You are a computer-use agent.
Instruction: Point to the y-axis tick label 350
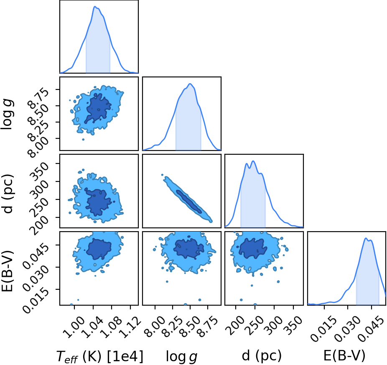coord(39,171)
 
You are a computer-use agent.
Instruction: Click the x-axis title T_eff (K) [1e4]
coord(100,357)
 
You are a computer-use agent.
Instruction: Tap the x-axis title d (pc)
coord(262,356)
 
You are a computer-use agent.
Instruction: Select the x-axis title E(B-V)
coord(344,356)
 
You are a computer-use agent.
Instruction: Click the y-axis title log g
coord(8,114)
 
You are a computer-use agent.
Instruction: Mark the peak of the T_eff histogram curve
coord(94,6)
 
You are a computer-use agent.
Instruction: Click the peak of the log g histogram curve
coord(190,84)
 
